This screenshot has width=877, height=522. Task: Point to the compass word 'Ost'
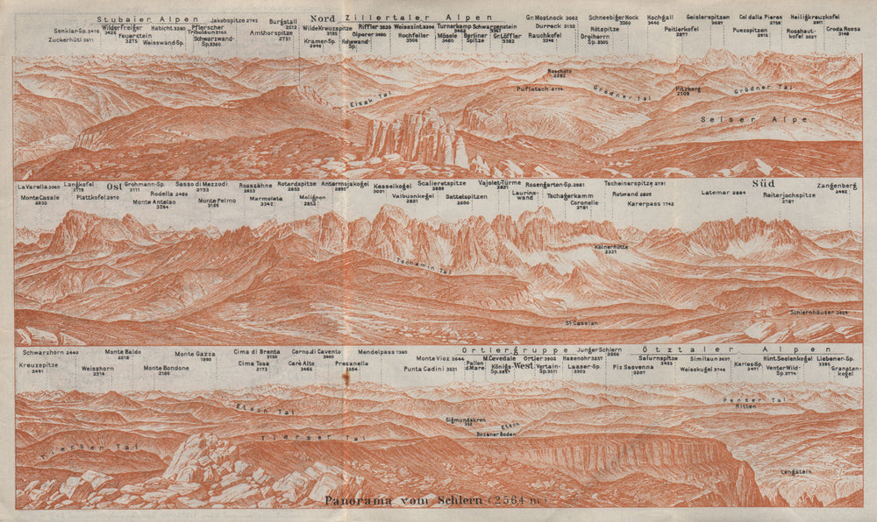(113, 186)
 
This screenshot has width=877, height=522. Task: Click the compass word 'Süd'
(762, 184)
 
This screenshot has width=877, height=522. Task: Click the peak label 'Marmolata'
(266, 199)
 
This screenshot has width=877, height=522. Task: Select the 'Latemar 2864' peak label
(724, 193)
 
